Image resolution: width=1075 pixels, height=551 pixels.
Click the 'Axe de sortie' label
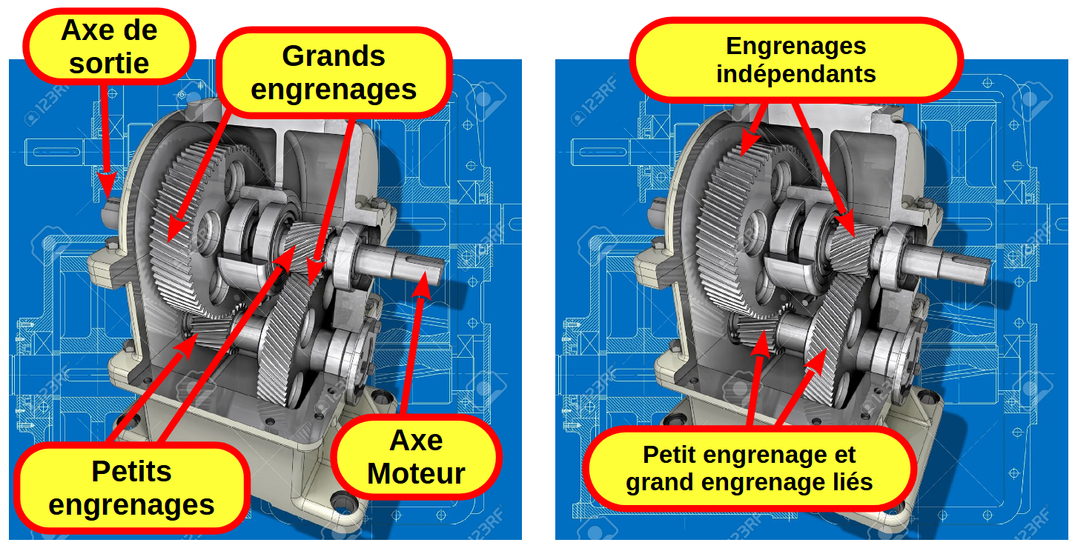[x=110, y=47]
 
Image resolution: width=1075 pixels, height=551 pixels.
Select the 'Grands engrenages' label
[x=334, y=73]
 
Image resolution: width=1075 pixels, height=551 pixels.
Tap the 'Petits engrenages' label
[x=131, y=488]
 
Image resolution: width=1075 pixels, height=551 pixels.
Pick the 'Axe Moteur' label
[x=416, y=457]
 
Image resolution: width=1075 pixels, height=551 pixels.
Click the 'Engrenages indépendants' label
[x=796, y=60]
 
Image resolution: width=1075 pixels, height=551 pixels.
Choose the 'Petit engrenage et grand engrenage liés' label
[x=749, y=468]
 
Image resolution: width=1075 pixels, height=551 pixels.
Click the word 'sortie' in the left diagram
[x=110, y=63]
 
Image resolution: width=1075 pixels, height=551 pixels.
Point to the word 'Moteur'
[x=416, y=474]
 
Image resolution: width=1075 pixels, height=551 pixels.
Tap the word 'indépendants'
[x=796, y=74]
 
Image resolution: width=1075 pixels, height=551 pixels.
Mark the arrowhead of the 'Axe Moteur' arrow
[x=422, y=285]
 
